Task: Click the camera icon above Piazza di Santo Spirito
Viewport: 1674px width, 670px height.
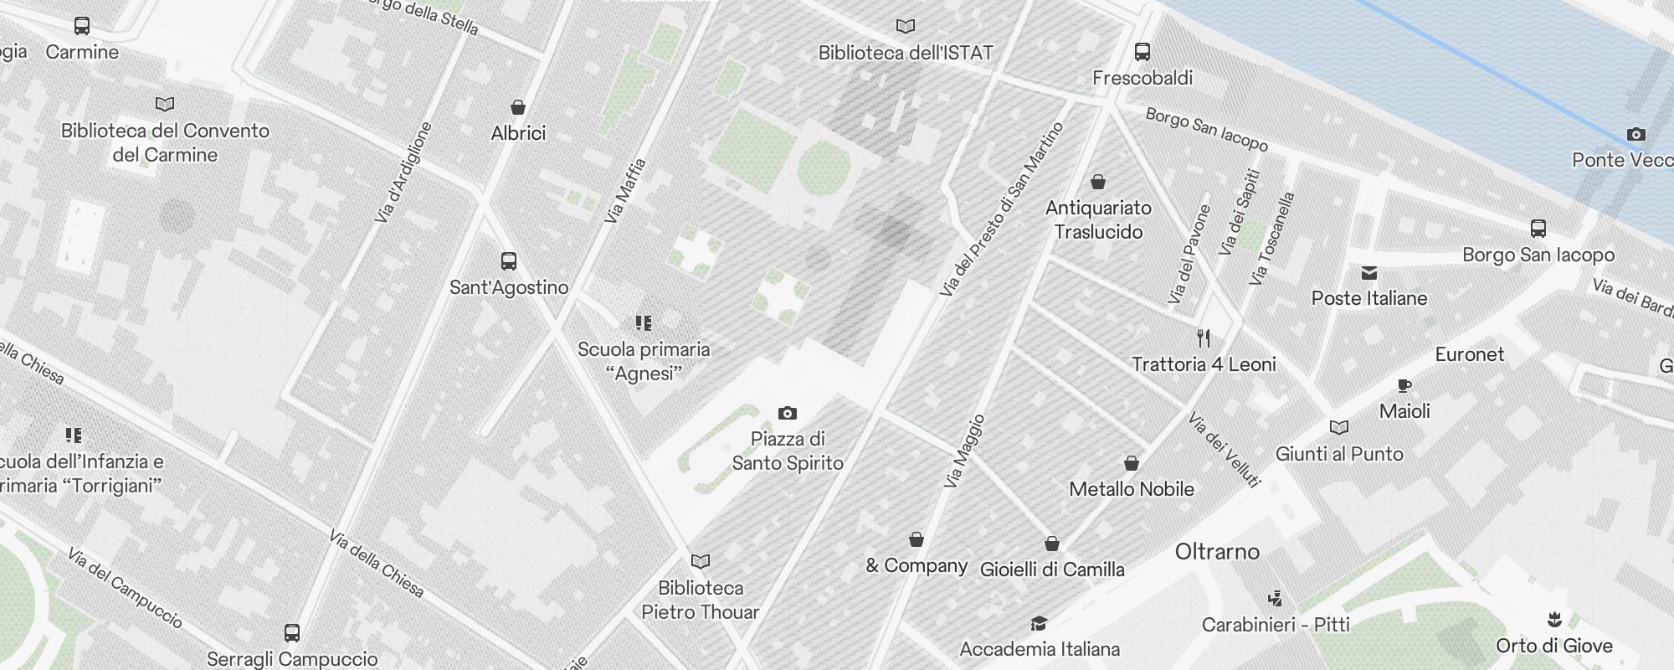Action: [788, 413]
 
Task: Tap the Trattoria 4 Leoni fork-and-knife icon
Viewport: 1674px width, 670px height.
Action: [1204, 338]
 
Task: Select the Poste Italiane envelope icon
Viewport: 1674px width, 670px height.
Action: [1369, 273]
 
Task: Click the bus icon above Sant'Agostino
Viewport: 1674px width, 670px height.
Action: [509, 261]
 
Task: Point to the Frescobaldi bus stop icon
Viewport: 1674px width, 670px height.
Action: [1143, 52]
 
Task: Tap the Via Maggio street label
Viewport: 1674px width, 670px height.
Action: [963, 452]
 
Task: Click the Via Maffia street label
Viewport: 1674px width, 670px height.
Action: [626, 191]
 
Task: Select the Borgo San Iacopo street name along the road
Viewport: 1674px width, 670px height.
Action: [1206, 129]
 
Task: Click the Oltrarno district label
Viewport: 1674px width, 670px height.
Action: [1217, 552]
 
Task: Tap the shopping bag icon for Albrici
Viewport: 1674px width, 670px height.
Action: [518, 107]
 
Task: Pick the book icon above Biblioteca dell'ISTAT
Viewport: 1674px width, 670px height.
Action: [906, 27]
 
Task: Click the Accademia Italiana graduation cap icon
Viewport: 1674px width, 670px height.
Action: [1039, 623]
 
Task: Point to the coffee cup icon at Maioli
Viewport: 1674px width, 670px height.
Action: [1404, 386]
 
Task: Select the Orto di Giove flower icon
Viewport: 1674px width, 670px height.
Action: [1554, 620]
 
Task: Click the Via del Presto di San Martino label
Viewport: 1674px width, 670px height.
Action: [1001, 209]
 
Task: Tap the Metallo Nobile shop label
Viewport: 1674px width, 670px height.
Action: [1132, 489]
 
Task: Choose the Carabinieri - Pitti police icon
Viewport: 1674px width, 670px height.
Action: [1276, 599]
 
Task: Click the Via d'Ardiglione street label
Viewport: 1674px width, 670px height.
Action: [403, 173]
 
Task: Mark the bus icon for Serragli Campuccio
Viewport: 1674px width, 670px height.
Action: [292, 633]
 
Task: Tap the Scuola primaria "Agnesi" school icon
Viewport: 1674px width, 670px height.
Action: [644, 323]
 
